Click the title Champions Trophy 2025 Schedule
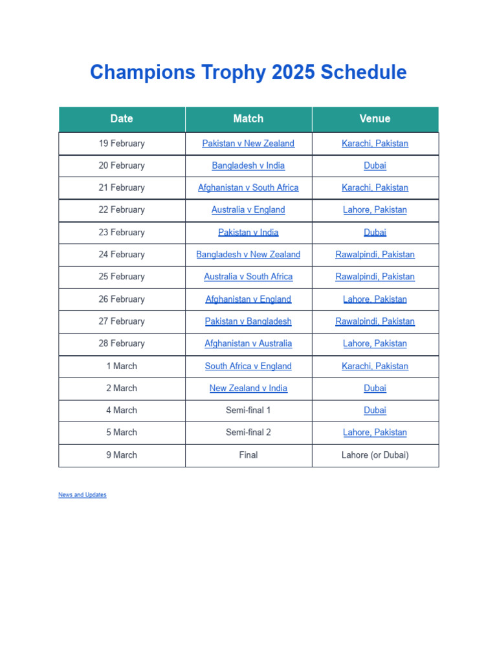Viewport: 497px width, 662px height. pyautogui.click(x=248, y=72)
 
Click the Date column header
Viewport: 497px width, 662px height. pyautogui.click(x=122, y=118)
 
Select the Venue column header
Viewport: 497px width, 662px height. pyautogui.click(x=375, y=118)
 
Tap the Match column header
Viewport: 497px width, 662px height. pyautogui.click(x=248, y=118)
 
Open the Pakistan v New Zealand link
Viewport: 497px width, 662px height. pyautogui.click(x=248, y=144)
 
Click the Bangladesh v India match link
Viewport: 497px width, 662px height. pyautogui.click(x=248, y=165)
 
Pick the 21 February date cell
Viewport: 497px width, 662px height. pyautogui.click(x=122, y=187)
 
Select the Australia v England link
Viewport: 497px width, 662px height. pyautogui.click(x=248, y=209)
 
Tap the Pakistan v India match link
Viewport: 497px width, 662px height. pyautogui.click(x=248, y=232)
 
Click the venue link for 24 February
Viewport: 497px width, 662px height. pyautogui.click(x=375, y=254)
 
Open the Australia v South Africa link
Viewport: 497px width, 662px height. pyautogui.click(x=248, y=276)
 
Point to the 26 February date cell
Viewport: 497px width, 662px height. pyautogui.click(x=122, y=299)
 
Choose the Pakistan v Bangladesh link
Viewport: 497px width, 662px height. pyautogui.click(x=248, y=321)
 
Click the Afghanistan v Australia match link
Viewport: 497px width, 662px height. pyautogui.click(x=248, y=343)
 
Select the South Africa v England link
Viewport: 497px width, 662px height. pyautogui.click(x=248, y=366)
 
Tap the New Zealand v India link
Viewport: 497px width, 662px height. pyautogui.click(x=248, y=388)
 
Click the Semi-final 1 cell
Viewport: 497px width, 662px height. pyautogui.click(x=248, y=410)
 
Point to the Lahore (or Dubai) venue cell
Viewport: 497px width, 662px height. pyautogui.click(x=375, y=454)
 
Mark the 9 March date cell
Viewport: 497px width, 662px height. pyautogui.click(x=122, y=454)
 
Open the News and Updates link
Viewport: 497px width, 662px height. pyautogui.click(x=82, y=495)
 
